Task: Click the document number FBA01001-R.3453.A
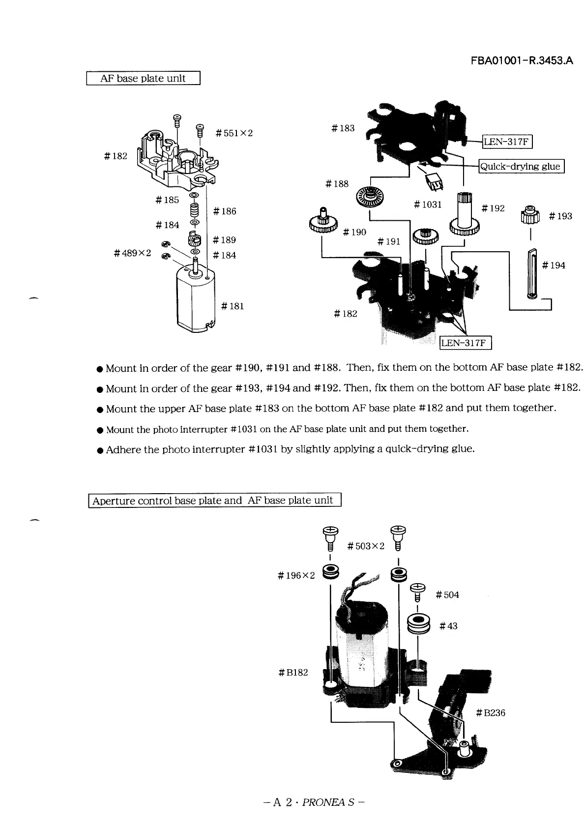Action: coord(522,61)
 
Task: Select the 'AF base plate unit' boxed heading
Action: coord(143,78)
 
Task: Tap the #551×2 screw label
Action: coord(234,133)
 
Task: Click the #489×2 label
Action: coord(132,253)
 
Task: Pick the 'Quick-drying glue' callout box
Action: coord(521,166)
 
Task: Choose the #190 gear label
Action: coord(354,232)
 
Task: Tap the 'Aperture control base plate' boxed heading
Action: coord(214,501)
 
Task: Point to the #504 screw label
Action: coord(447,595)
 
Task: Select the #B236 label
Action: coord(491,712)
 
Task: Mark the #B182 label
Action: coord(293,672)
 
